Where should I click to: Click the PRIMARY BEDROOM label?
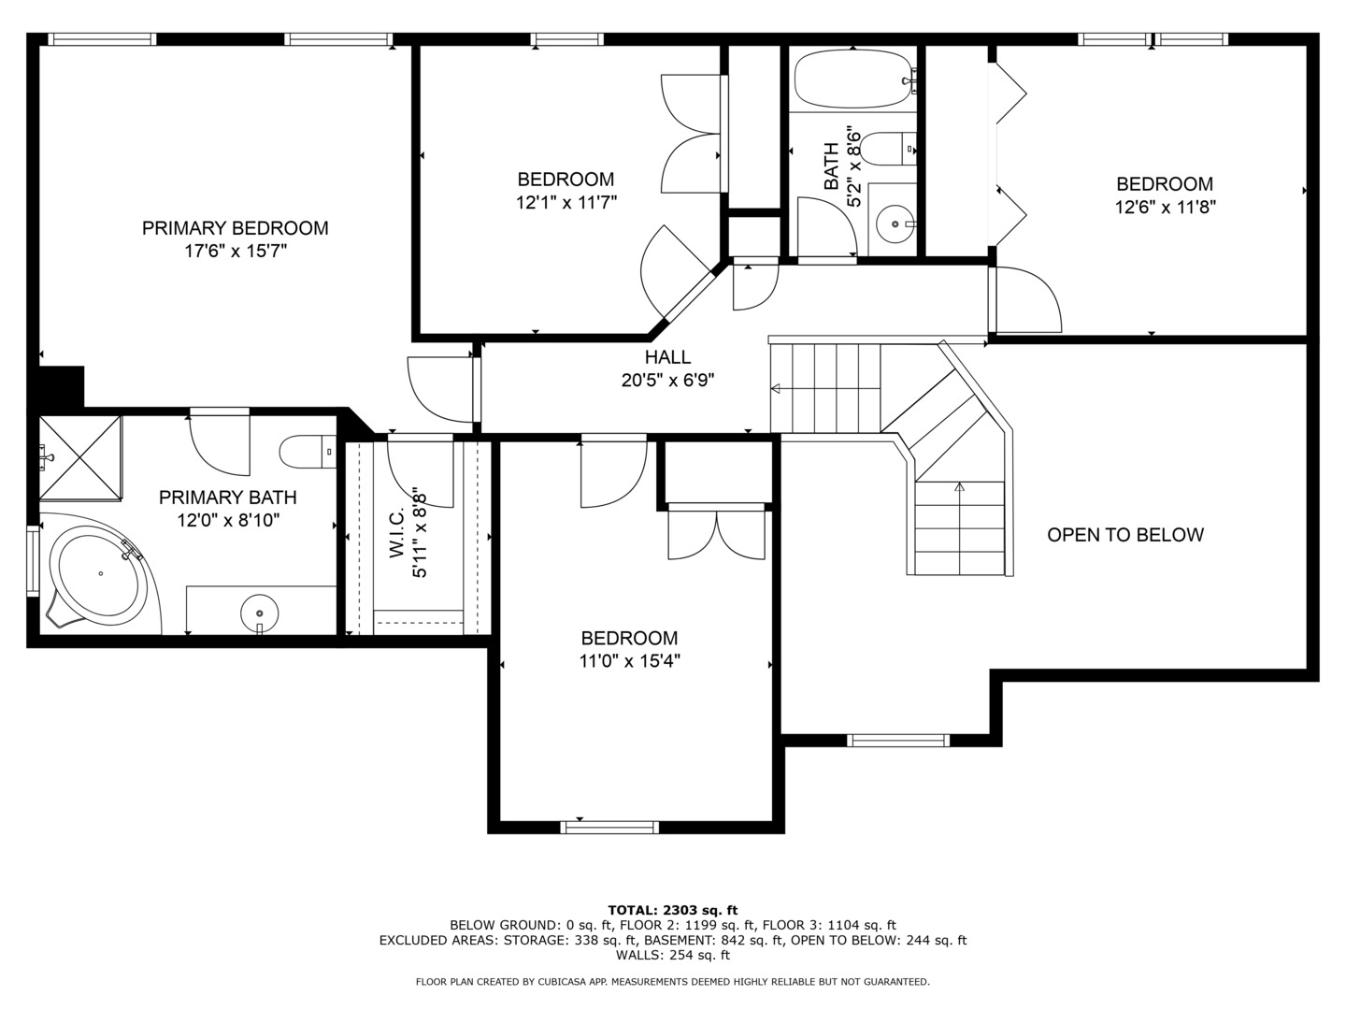click(235, 228)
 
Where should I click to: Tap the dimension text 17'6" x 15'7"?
click(236, 251)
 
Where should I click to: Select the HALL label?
click(667, 357)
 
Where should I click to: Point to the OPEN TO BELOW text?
click(1125, 535)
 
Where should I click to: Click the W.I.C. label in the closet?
click(396, 532)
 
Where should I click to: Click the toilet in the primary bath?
click(308, 452)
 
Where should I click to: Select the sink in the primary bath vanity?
click(260, 613)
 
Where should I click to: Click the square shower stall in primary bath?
click(80, 458)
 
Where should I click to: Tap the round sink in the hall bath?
click(895, 224)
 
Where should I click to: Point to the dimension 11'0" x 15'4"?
click(630, 661)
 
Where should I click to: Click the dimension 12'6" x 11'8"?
click(1165, 208)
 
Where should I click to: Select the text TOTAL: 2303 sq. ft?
click(673, 910)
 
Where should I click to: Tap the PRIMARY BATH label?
click(228, 498)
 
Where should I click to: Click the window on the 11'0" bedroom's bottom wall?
click(609, 828)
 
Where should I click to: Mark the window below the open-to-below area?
click(898, 740)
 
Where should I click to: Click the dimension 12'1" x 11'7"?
click(566, 202)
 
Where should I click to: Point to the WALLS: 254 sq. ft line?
click(673, 955)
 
